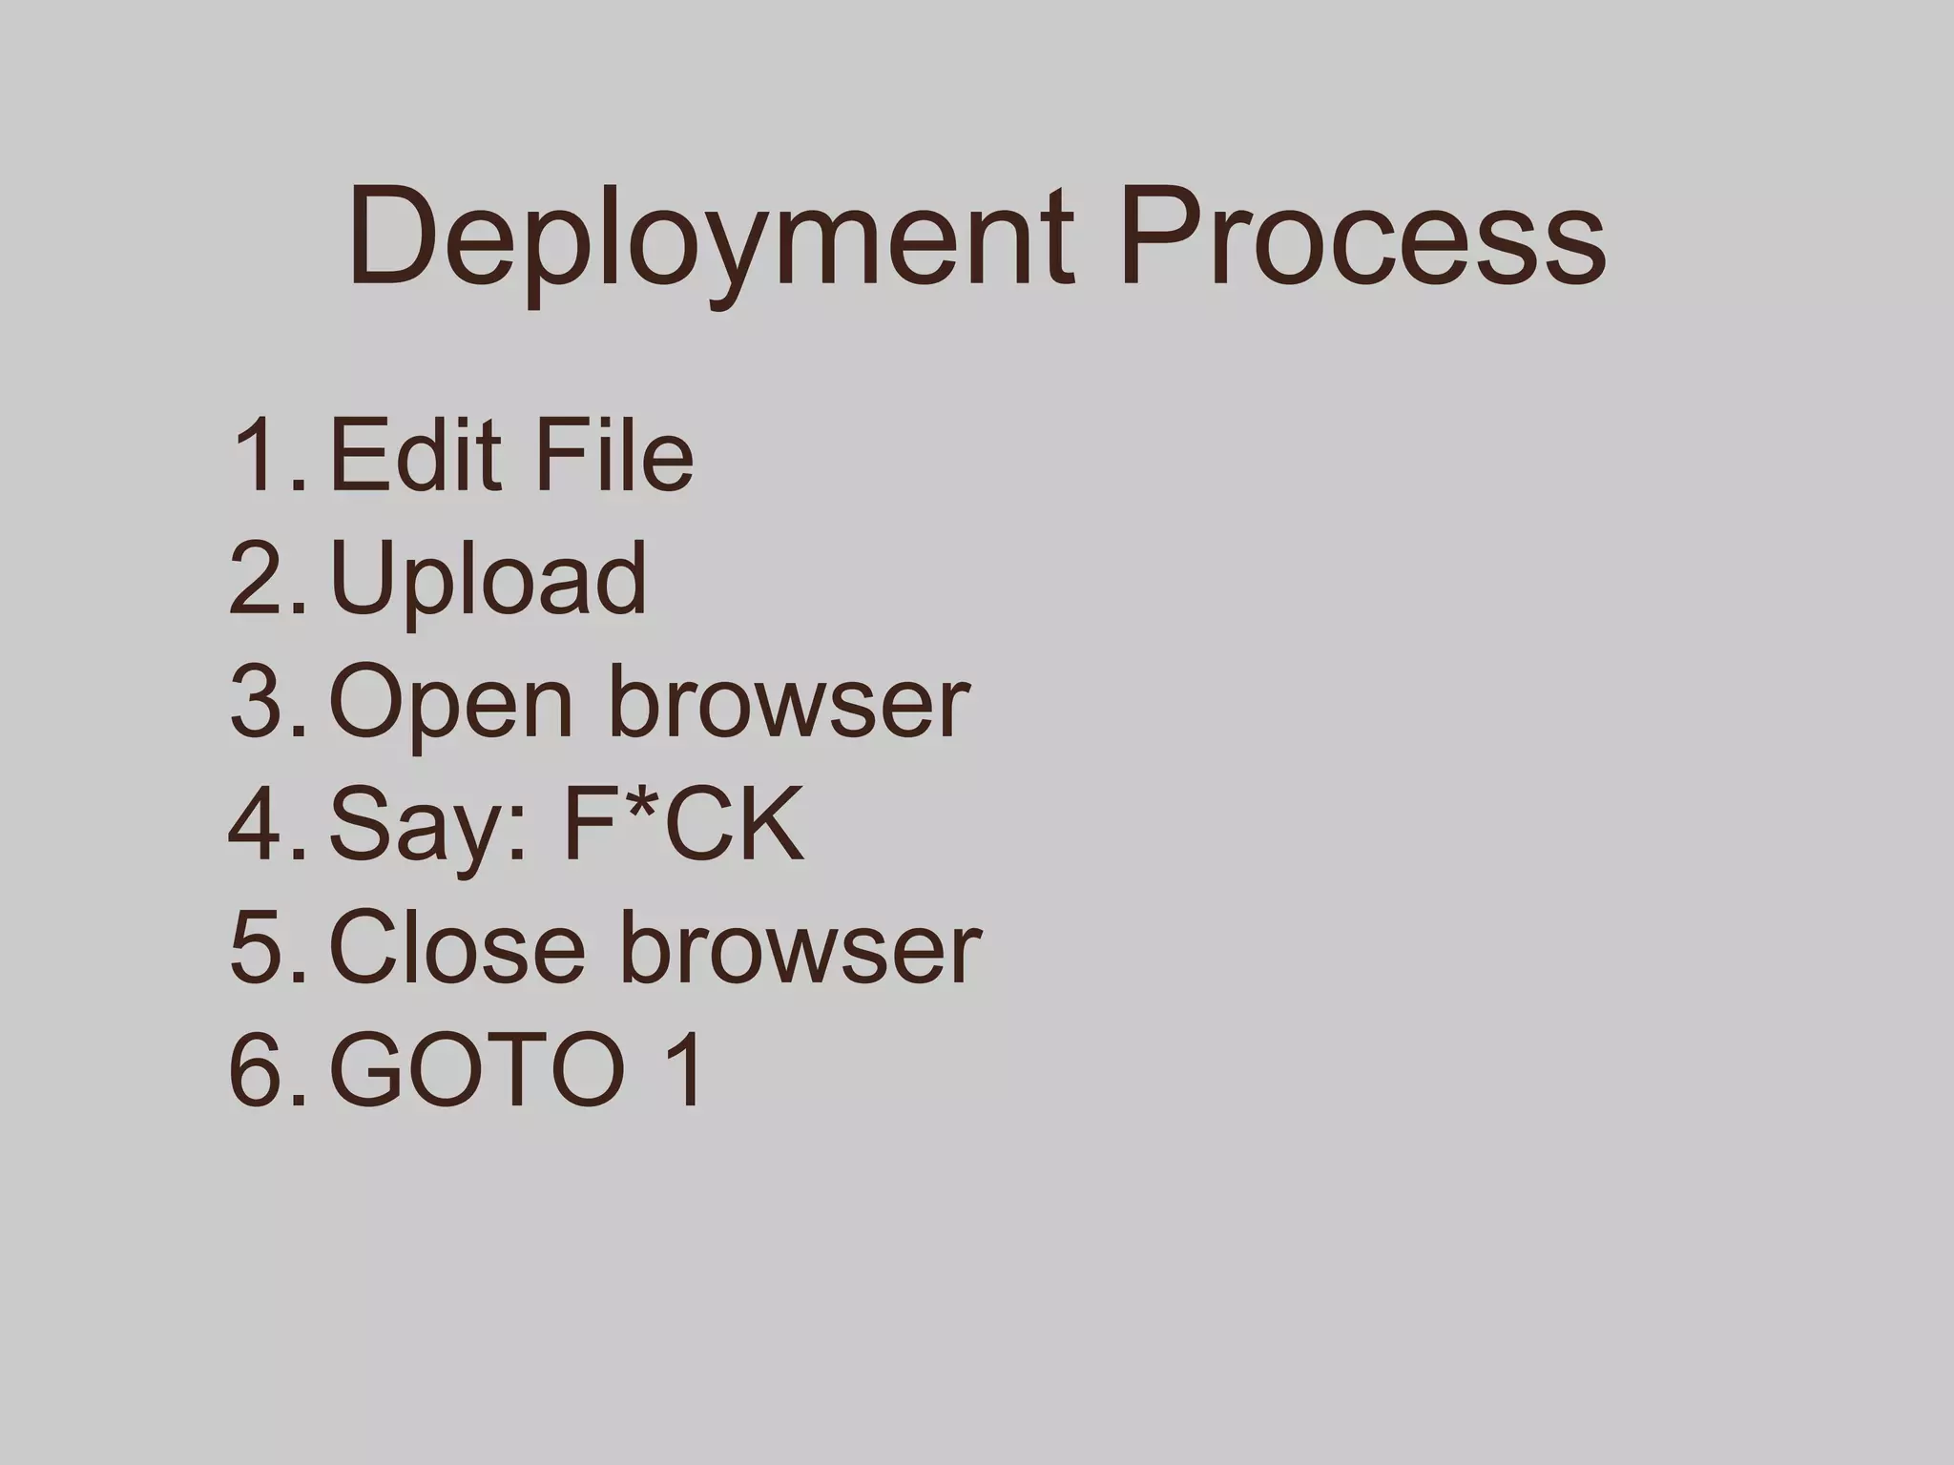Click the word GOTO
477,1072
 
